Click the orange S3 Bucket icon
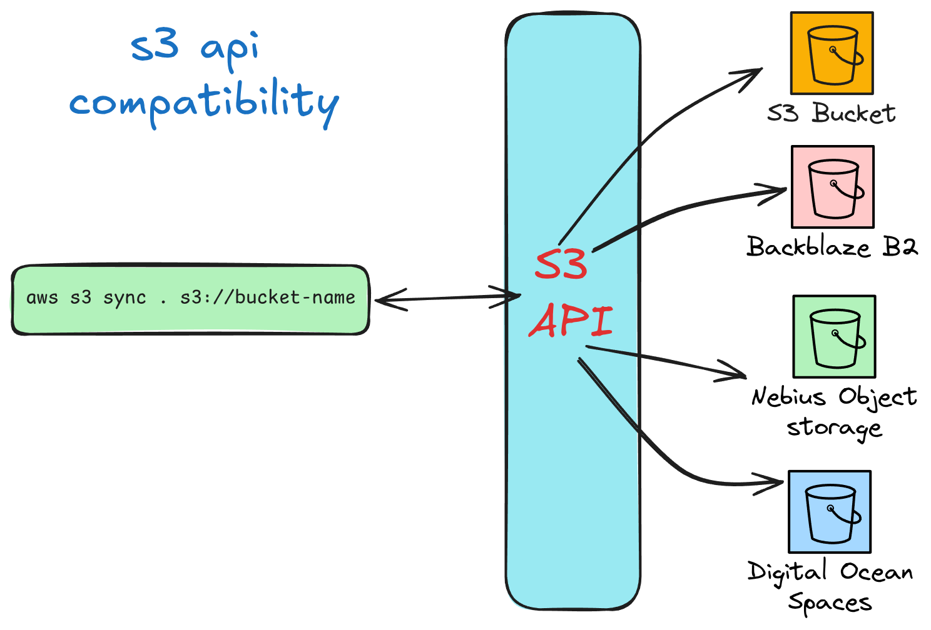(832, 53)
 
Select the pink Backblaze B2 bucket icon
(832, 187)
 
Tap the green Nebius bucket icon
(834, 337)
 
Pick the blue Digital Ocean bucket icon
(830, 511)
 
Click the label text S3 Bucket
(832, 114)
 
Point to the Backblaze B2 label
(832, 247)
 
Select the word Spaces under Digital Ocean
(830, 602)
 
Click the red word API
(571, 320)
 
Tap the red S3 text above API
(561, 265)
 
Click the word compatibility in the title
(205, 102)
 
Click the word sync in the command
(125, 297)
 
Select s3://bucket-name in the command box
(268, 297)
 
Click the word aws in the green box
(42, 297)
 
